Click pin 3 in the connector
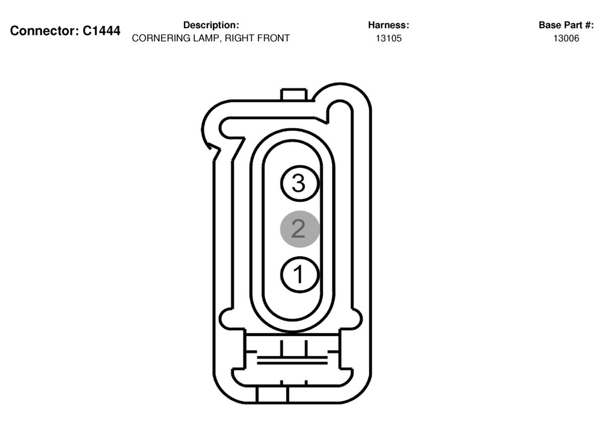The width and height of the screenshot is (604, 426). pyautogui.click(x=300, y=183)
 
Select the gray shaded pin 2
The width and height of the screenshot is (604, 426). pyautogui.click(x=300, y=229)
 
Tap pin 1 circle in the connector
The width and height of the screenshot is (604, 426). pyautogui.click(x=300, y=274)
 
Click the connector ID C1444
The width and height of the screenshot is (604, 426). pyautogui.click(x=101, y=31)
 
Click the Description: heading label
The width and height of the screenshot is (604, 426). pyautogui.click(x=211, y=25)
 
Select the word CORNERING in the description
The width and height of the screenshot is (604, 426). pyautogui.click(x=161, y=38)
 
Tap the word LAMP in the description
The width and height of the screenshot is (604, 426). pyautogui.click(x=207, y=38)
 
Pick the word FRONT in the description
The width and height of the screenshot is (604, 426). pyautogui.click(x=273, y=38)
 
